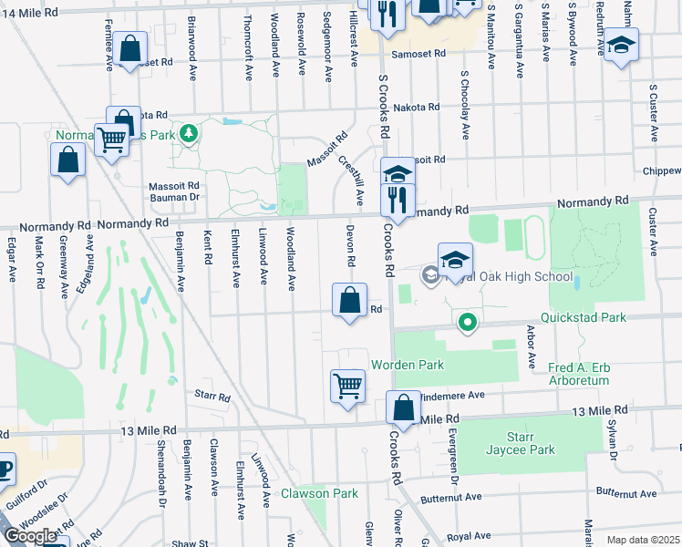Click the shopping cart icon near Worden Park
[x=348, y=385]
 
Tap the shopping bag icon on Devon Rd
[x=350, y=299]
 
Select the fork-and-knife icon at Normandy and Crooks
[x=398, y=198]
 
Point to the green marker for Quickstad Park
[x=468, y=321]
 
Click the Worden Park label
[x=406, y=366]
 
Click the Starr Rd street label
[x=211, y=395]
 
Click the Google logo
[x=32, y=536]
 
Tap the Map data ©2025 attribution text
[x=643, y=540]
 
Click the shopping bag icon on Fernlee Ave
[x=130, y=47]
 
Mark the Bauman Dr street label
[x=173, y=197]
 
